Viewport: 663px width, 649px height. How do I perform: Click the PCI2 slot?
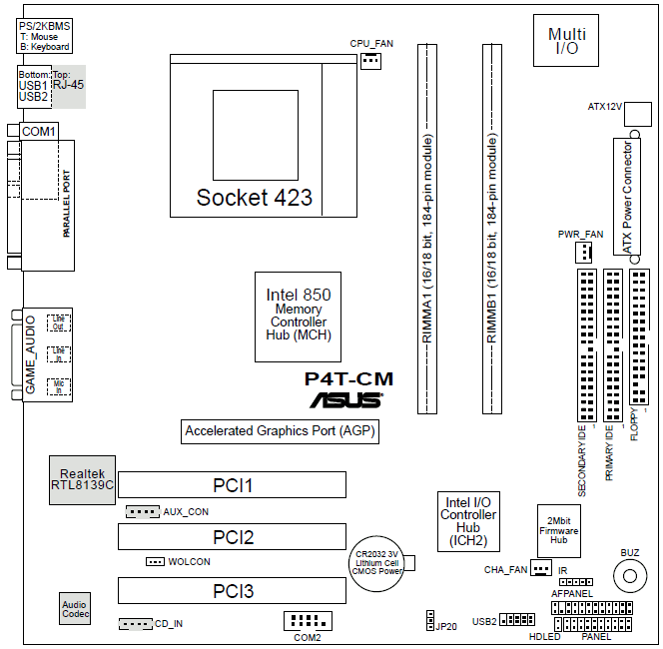tap(232, 538)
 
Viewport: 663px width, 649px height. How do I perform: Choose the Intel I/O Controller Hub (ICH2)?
tap(467, 520)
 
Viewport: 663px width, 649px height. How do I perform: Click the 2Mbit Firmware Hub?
tap(558, 528)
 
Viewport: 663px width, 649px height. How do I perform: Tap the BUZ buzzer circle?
tap(629, 574)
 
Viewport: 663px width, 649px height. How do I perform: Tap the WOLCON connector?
tap(155, 561)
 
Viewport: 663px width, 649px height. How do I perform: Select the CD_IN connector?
tap(135, 624)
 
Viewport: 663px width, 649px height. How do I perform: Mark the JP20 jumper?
tap(428, 620)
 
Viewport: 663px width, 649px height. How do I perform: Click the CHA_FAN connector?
tap(540, 568)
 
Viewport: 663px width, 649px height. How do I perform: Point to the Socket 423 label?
tap(254, 197)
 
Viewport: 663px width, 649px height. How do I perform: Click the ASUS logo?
tap(345, 400)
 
